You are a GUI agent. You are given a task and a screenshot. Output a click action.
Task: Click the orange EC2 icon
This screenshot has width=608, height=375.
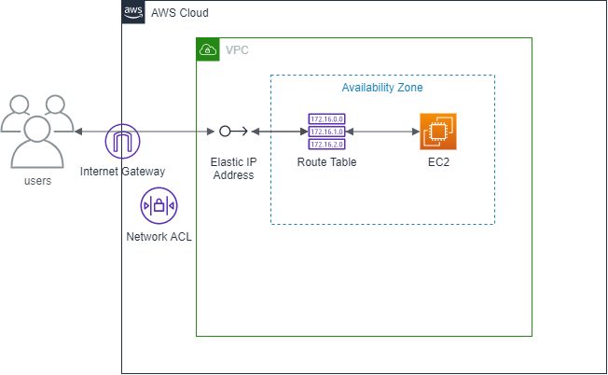pos(438,132)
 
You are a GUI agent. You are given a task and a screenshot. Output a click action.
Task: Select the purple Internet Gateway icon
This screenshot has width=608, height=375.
pos(121,143)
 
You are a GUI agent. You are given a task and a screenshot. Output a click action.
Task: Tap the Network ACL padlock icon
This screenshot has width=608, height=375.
pos(159,205)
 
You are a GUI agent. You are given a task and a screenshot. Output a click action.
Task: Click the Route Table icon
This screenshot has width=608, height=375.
pos(326,132)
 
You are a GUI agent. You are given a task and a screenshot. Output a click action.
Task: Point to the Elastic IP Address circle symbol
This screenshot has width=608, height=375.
pos(225,132)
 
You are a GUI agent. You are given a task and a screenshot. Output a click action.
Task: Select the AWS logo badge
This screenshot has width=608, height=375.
pos(133,12)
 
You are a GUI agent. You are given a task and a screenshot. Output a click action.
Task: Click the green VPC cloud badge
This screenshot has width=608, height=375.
pos(208,49)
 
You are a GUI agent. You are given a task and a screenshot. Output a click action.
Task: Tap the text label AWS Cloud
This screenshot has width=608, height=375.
pos(179,13)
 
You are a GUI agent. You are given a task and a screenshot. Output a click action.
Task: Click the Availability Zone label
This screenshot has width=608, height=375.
pos(382,88)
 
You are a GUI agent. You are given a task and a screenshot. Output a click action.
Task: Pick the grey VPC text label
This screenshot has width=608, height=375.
pos(237,49)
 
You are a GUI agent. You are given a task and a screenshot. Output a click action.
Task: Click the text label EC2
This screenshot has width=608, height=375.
pos(438,162)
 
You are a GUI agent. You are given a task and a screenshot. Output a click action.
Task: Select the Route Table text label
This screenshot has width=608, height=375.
pos(326,162)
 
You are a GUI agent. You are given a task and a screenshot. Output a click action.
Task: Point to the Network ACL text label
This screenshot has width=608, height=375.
pos(159,237)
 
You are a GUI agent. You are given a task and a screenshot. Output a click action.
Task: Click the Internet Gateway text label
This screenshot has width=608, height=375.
pos(122,172)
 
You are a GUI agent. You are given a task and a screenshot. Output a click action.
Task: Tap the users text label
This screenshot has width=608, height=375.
pos(37,180)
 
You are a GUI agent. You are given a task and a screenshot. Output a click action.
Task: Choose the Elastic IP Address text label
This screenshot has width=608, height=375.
pos(233,168)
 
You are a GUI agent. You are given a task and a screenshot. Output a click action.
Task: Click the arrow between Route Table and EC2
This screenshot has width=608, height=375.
pos(382,132)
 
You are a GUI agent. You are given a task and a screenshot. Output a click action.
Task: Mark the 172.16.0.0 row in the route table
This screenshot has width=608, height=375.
pos(326,119)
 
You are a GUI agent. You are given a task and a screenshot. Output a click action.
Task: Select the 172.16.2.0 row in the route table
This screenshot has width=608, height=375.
pos(326,145)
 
